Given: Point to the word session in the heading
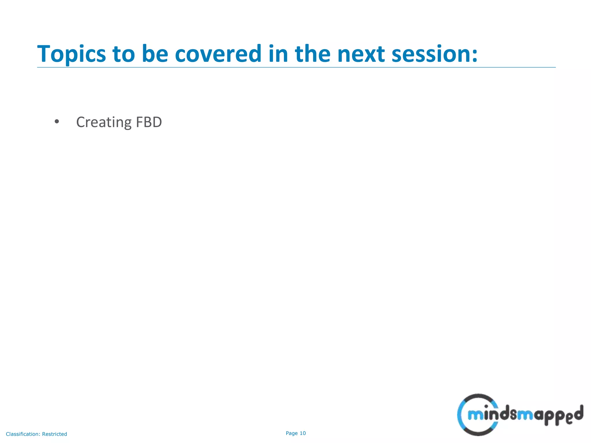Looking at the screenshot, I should (x=431, y=54).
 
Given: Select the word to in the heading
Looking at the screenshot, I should (x=124, y=54).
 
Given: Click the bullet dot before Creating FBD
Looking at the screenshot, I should (x=57, y=122).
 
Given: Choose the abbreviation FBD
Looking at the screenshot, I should (x=149, y=122).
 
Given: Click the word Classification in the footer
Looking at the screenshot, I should (x=23, y=434).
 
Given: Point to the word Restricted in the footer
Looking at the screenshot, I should (x=55, y=434).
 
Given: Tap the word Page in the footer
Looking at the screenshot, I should (x=291, y=433).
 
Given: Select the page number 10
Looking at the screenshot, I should (x=303, y=433).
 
